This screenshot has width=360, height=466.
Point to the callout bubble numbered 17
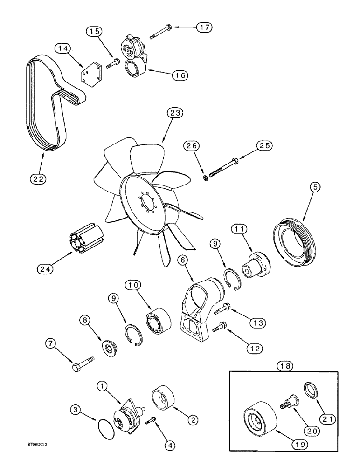click(x=203, y=28)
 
